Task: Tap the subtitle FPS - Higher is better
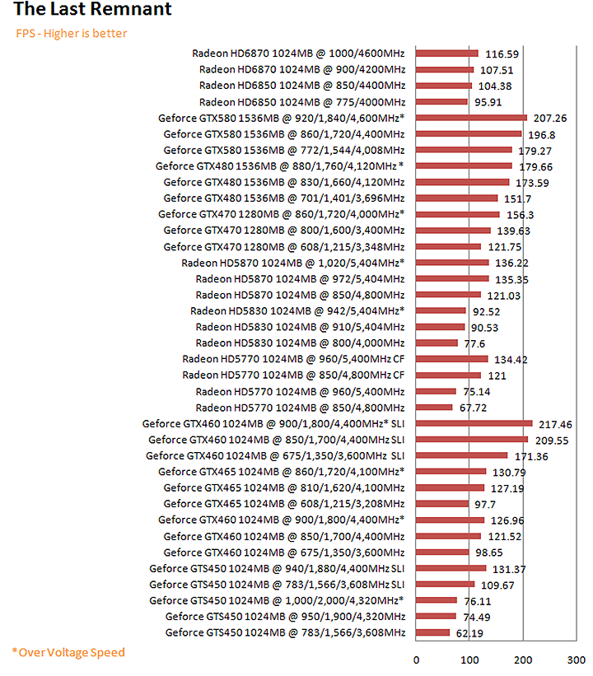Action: point(72,34)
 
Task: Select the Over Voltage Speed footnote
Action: point(68,652)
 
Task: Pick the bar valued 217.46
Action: point(474,423)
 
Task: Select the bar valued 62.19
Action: point(432,632)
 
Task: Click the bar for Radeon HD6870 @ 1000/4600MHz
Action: point(447,53)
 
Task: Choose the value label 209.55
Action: point(553,441)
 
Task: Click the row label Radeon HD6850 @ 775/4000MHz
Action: point(302,101)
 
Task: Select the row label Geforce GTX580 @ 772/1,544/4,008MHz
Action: point(284,150)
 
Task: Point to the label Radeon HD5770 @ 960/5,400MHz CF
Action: point(295,358)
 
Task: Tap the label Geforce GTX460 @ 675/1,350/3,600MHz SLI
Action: point(276,455)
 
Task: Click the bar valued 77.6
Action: point(437,343)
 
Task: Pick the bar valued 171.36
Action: point(462,455)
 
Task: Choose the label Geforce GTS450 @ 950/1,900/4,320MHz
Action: point(285,616)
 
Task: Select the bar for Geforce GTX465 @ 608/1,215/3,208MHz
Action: point(442,503)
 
